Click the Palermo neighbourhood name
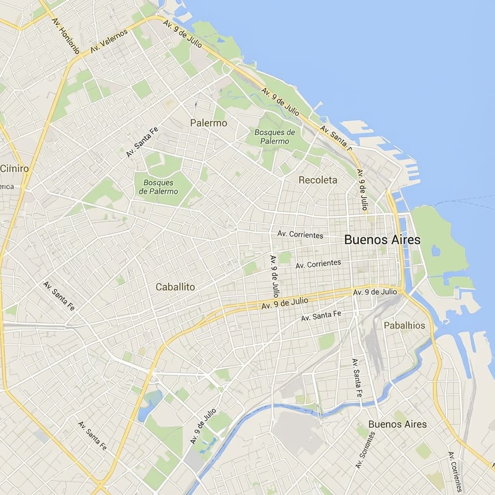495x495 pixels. pos(208,123)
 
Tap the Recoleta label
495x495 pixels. pos(318,180)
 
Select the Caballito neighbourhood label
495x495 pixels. pos(175,287)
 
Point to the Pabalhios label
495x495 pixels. pos(404,325)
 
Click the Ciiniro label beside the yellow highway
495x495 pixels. pos(15,168)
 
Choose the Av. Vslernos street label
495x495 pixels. pos(109,41)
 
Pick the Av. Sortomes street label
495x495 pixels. pos(365,450)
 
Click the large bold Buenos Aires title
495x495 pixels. pos(382,240)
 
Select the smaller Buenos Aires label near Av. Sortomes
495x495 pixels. pos(397,424)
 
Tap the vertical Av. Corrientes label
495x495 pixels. pos(455,471)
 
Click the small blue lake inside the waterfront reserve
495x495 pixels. pos(436,250)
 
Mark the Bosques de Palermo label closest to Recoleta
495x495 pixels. pos(275,137)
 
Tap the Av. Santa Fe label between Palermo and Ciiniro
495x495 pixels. pos(142,142)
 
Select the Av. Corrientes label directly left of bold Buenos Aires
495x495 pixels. pos(300,234)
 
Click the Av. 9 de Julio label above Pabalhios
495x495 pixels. pos(375,292)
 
